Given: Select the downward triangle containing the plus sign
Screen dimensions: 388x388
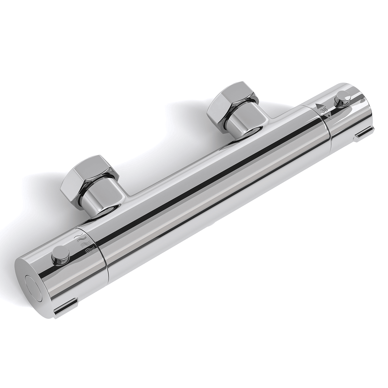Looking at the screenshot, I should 328,116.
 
